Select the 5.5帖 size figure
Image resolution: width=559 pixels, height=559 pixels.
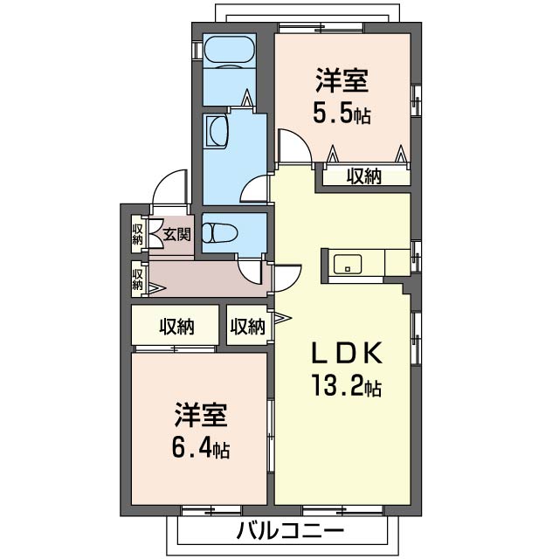click(x=342, y=113)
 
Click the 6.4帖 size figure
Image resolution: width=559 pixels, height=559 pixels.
click(x=201, y=449)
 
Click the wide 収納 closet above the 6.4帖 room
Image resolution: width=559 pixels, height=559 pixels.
click(x=176, y=328)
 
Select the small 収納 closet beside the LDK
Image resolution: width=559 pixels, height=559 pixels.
click(x=248, y=328)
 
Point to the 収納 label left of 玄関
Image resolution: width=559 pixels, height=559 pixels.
click(x=138, y=233)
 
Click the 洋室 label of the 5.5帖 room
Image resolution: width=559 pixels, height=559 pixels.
click(x=342, y=82)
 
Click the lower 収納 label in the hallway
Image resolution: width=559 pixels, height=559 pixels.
click(x=138, y=279)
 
